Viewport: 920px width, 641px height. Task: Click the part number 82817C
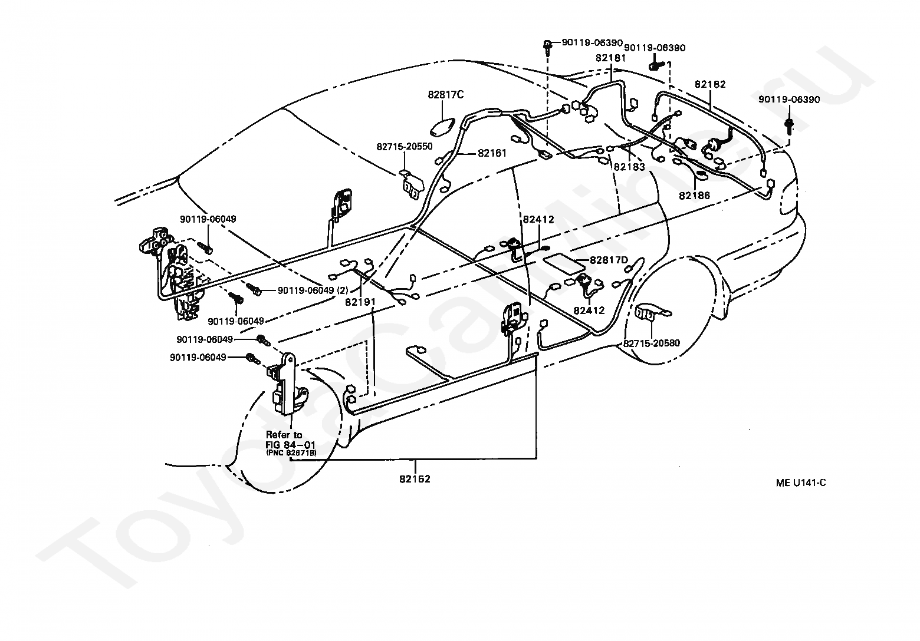[446, 95]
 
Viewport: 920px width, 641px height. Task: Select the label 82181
[610, 58]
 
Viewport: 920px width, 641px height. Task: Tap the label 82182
[710, 84]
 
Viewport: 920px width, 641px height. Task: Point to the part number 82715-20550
[405, 147]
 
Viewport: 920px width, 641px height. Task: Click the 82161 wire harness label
[492, 153]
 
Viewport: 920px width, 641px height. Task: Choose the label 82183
[629, 167]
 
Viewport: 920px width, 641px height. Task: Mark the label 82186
[694, 196]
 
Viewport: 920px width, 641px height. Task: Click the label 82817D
[609, 260]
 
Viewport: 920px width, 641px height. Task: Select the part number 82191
[360, 302]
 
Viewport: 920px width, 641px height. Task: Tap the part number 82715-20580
[652, 343]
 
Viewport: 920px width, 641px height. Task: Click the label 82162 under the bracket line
[415, 479]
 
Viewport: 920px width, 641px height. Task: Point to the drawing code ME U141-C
[801, 483]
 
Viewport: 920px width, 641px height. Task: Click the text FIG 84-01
[290, 444]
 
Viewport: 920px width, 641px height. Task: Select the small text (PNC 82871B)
[291, 452]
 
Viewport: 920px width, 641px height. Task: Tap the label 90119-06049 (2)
[313, 290]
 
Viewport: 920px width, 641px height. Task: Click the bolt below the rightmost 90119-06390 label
[788, 125]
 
